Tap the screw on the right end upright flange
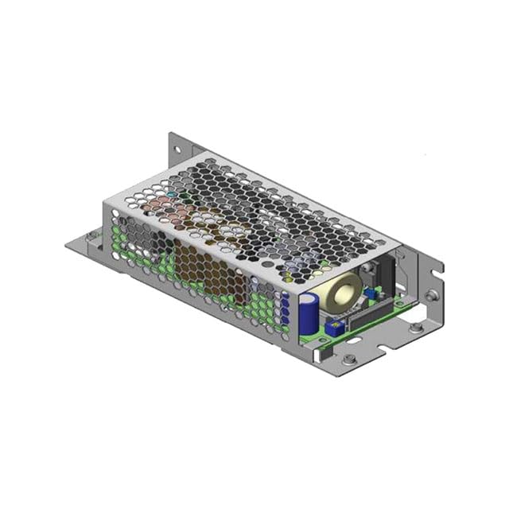(x=430, y=295)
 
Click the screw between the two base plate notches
(x=415, y=327)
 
